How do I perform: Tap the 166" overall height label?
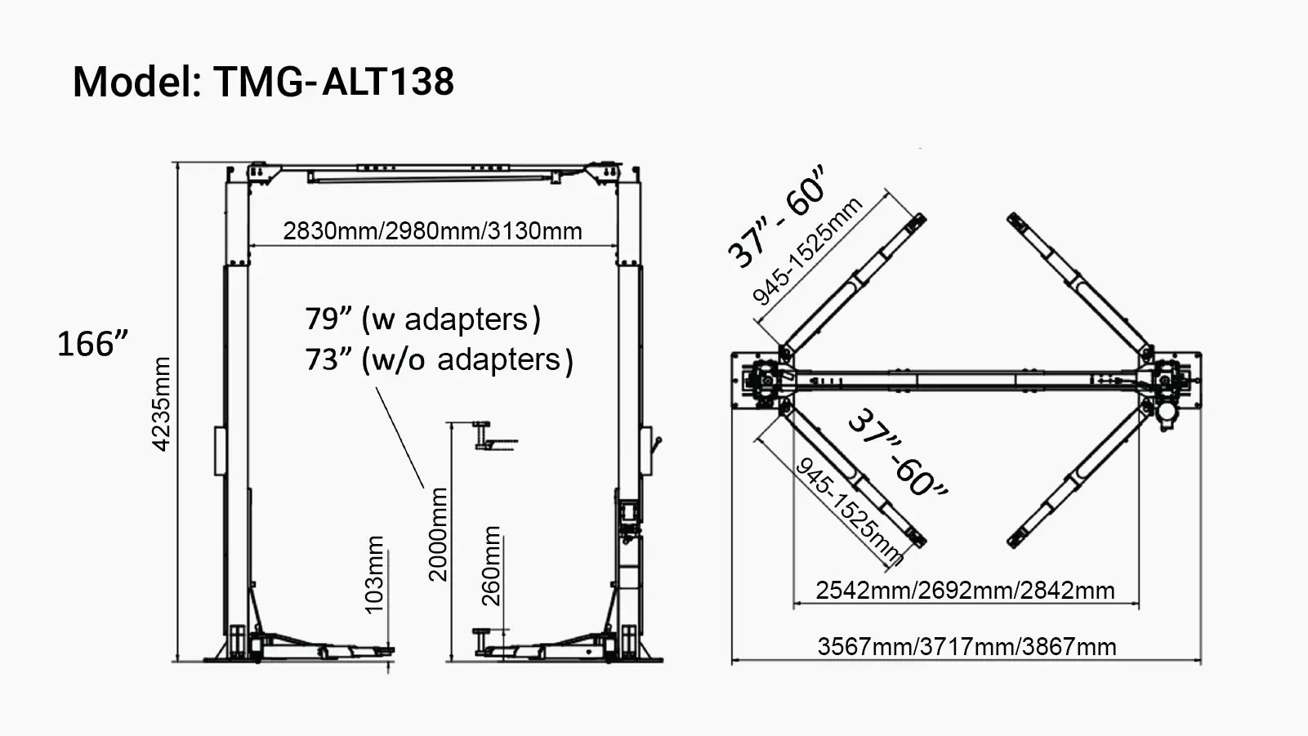coord(92,344)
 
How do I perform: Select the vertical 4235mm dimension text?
coord(162,404)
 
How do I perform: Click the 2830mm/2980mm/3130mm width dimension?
coord(432,231)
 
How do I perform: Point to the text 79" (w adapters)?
coord(422,319)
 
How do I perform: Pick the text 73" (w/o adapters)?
coord(439,359)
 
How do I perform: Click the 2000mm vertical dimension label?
coord(439,533)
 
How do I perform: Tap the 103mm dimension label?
coord(373,574)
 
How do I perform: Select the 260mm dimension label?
coord(491,565)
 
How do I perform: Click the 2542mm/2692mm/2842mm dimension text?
coord(965,590)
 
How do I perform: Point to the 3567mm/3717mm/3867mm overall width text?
coord(966,647)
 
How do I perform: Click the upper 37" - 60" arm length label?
coord(776,216)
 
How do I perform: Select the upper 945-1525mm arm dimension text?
coord(807,252)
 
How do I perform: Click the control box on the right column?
coord(628,512)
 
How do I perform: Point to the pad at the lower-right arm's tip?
coord(1016,540)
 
